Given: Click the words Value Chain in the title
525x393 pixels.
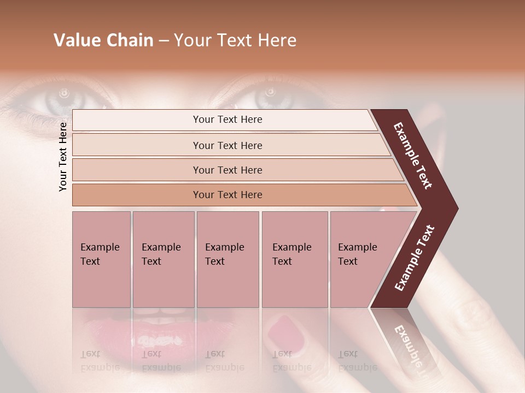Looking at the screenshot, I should click(x=103, y=40).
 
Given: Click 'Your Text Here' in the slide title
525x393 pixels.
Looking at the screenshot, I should click(x=235, y=40).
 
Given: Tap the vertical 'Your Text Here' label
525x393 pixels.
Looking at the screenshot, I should click(x=63, y=157).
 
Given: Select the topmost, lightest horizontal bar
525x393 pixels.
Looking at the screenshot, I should click(x=224, y=120).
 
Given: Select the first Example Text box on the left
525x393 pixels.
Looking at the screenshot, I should click(x=101, y=259).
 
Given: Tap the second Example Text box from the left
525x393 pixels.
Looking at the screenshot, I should click(x=163, y=259).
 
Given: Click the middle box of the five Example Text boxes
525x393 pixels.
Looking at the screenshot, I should click(x=227, y=259).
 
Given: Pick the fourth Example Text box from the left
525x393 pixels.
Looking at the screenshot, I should click(x=294, y=259).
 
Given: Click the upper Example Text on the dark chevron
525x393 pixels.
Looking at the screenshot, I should click(x=413, y=155).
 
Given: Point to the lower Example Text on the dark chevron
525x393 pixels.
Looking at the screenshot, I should click(x=415, y=258).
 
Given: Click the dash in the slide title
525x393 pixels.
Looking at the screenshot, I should click(x=164, y=41).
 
